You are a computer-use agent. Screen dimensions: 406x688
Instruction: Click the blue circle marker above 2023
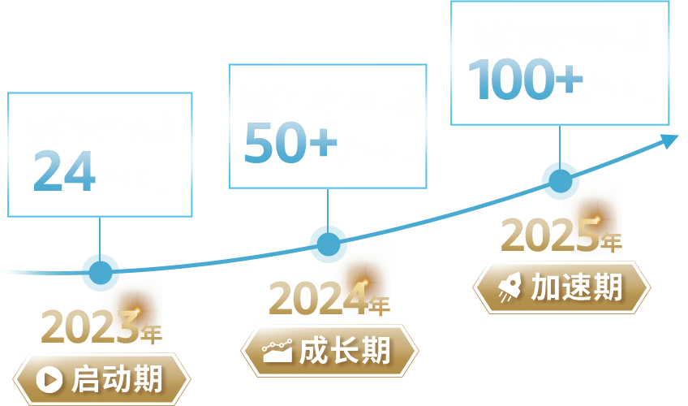coord(101,271)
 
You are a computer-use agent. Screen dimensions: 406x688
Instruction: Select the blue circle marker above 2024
coord(328,244)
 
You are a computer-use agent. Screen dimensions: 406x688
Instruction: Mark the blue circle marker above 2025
coord(560,180)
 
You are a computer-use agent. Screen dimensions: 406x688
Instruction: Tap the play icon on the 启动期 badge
coord(50,378)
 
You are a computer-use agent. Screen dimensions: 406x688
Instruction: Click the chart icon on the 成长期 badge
coord(277,352)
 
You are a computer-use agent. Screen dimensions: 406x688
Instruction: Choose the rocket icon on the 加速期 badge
coord(510,287)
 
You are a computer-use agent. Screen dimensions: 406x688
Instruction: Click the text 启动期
coord(118,378)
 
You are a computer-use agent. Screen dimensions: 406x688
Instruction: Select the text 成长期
coord(345,352)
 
